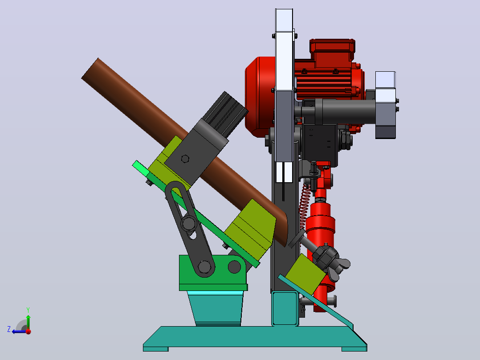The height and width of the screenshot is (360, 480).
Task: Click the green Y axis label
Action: click(x=28, y=310)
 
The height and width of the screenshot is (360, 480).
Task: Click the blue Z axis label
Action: click(x=9, y=329)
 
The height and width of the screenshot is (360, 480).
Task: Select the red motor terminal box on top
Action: click(x=332, y=49)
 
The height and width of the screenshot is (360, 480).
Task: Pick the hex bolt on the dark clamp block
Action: click(x=185, y=159)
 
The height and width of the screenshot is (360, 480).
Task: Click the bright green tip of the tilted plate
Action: click(x=140, y=168)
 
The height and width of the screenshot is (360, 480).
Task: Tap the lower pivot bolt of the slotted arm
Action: click(x=204, y=267)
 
